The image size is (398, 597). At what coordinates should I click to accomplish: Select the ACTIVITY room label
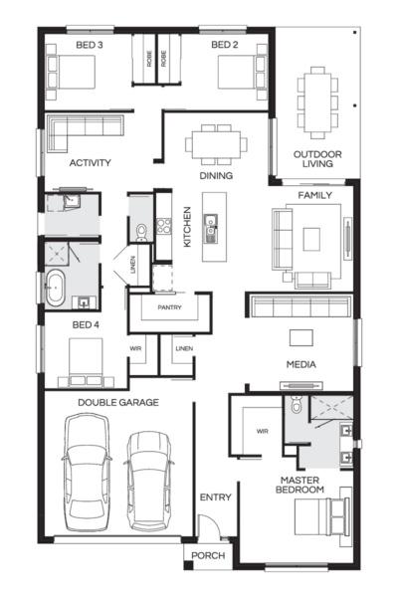(90, 162)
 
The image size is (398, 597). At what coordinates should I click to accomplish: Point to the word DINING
(216, 176)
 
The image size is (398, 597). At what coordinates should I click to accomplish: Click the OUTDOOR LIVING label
(317, 159)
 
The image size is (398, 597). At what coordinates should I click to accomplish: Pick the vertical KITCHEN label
(186, 227)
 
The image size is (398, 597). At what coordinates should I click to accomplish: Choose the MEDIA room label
(300, 364)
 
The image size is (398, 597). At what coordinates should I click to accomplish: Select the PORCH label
(208, 555)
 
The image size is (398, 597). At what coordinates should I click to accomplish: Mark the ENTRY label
(215, 497)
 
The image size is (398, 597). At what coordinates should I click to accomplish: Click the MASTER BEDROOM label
(300, 485)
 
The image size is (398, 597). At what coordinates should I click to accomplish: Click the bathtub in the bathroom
(56, 288)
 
